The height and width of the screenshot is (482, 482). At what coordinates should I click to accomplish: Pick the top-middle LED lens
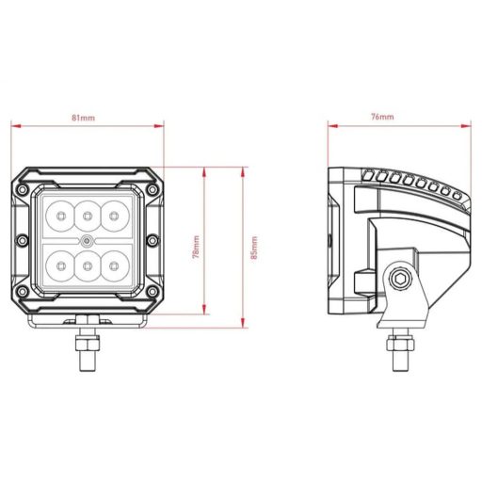tap(88, 216)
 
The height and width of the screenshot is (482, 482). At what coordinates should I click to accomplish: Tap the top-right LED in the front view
tap(114, 216)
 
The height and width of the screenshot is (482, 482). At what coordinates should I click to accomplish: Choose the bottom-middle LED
tap(88, 267)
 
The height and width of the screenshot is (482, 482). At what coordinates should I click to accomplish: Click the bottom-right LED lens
tap(114, 267)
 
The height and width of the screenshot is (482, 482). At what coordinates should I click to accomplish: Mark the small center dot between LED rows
tap(87, 242)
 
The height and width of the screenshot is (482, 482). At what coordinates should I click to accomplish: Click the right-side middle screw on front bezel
tap(153, 242)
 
